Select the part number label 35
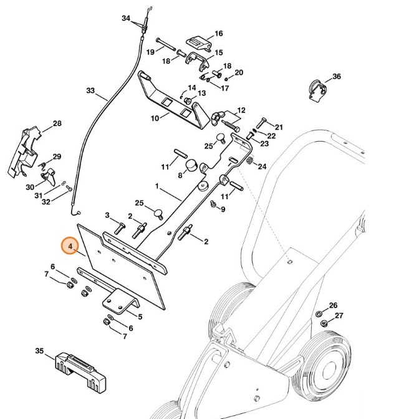[x=39, y=352]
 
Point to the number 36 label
[x=336, y=77]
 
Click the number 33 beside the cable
[x=91, y=91]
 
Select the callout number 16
[x=218, y=33]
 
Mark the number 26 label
[x=333, y=305]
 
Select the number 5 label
[x=139, y=317]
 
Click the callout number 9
[x=223, y=209]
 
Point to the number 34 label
[x=126, y=19]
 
